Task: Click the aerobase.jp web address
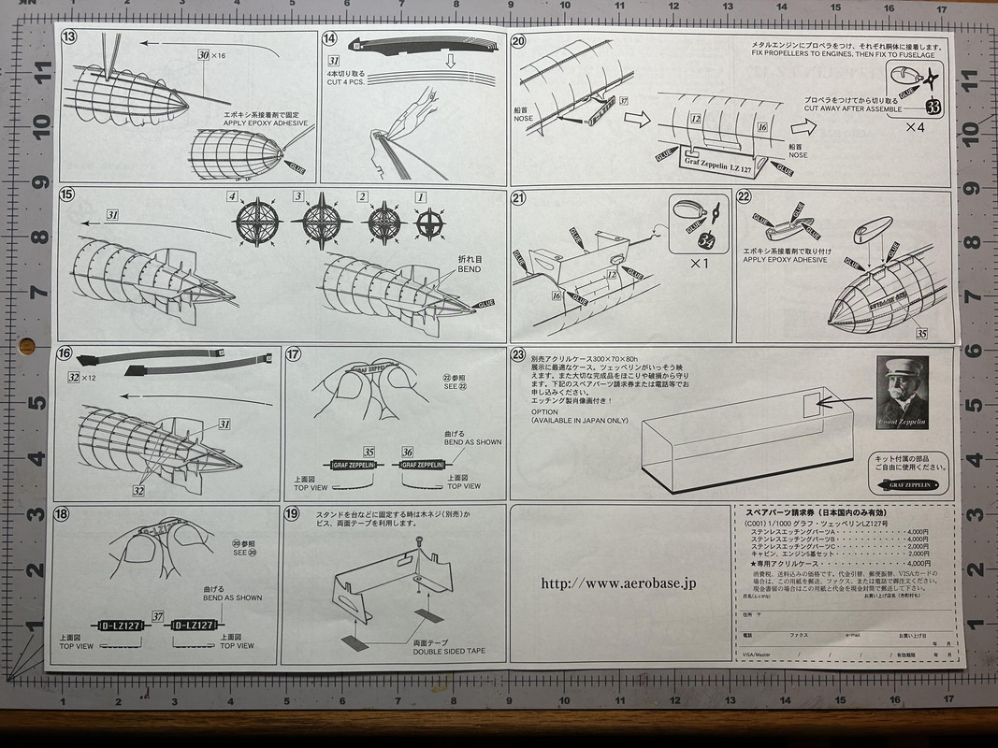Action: [618, 583]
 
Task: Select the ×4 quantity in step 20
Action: [916, 128]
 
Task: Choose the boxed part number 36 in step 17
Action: [407, 451]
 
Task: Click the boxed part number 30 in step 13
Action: [204, 55]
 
